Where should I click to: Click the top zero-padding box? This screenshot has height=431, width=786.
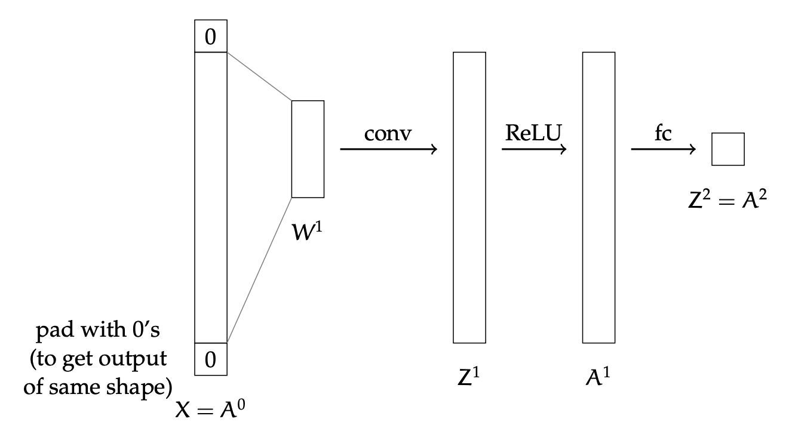211,36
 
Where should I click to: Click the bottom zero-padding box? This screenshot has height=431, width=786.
211,359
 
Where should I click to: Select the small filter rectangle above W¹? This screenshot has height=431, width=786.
308,149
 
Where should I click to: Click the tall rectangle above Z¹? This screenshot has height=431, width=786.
469,197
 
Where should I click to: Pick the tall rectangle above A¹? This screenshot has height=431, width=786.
598,197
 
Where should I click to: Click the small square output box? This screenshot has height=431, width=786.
727,149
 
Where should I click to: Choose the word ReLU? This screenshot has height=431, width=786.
533,133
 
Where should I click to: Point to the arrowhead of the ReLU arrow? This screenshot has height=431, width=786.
563,149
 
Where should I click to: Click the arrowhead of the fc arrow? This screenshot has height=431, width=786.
693,149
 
